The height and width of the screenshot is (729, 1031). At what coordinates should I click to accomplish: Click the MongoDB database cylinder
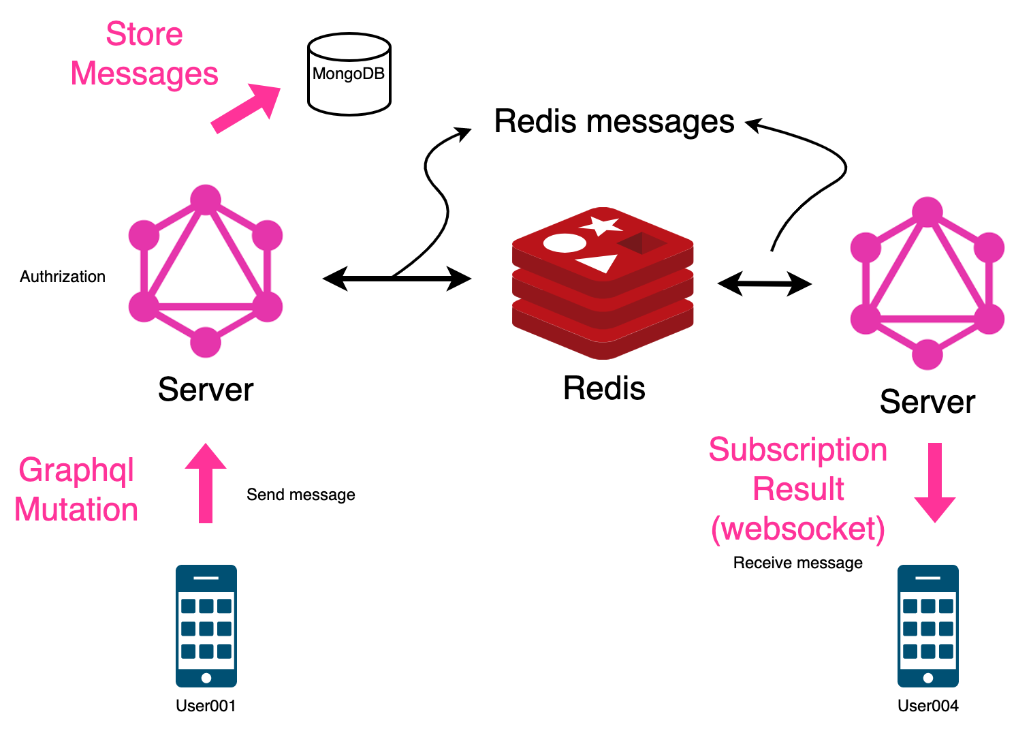point(349,74)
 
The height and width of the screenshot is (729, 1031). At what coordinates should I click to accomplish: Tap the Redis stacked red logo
point(603,283)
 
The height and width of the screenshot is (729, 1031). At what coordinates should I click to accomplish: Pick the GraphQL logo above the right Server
point(927,283)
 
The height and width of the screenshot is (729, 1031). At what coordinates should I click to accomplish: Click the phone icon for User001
point(206,625)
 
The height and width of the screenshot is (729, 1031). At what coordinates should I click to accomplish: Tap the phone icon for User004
point(927,625)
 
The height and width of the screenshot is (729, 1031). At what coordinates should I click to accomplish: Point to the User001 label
point(206,706)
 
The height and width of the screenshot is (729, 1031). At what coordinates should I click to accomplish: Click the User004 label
point(927,706)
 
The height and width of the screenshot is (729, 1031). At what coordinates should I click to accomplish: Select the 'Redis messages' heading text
point(614,122)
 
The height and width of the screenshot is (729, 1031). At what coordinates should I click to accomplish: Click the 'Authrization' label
point(63,277)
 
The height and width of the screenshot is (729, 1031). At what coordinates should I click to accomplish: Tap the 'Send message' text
point(300,495)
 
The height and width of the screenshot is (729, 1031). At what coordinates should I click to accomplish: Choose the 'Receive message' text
point(797,563)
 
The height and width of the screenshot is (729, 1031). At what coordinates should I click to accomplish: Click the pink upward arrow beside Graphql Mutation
point(206,484)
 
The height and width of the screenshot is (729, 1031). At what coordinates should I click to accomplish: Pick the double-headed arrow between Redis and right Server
point(764,283)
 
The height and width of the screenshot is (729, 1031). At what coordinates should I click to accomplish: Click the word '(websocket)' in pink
point(797,529)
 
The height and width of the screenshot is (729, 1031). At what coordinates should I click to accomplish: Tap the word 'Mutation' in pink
point(76,510)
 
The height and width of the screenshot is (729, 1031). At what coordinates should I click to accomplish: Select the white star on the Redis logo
point(601,226)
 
